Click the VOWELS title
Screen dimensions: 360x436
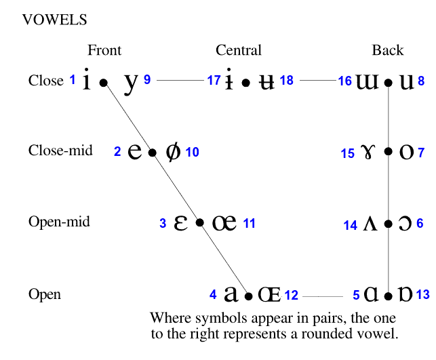[55, 20]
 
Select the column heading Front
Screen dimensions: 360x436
[104, 50]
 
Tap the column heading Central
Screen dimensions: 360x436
[239, 50]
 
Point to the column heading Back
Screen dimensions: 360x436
[388, 50]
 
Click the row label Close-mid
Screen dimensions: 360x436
[60, 151]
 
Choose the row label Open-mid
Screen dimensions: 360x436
[59, 222]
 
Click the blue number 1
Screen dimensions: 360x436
[73, 80]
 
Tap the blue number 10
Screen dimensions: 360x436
[192, 153]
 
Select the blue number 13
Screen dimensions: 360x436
[422, 295]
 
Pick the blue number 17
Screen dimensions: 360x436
[214, 81]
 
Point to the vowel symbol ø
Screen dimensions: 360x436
[173, 152]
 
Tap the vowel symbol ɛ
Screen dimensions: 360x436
[180, 222]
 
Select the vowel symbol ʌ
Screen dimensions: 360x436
[370, 224]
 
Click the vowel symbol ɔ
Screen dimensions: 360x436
[405, 223]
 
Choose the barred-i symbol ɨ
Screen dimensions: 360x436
[231, 81]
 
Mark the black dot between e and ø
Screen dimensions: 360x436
[153, 153]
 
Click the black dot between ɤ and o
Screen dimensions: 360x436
[388, 153]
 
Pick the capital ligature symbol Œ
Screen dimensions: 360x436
[269, 294]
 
